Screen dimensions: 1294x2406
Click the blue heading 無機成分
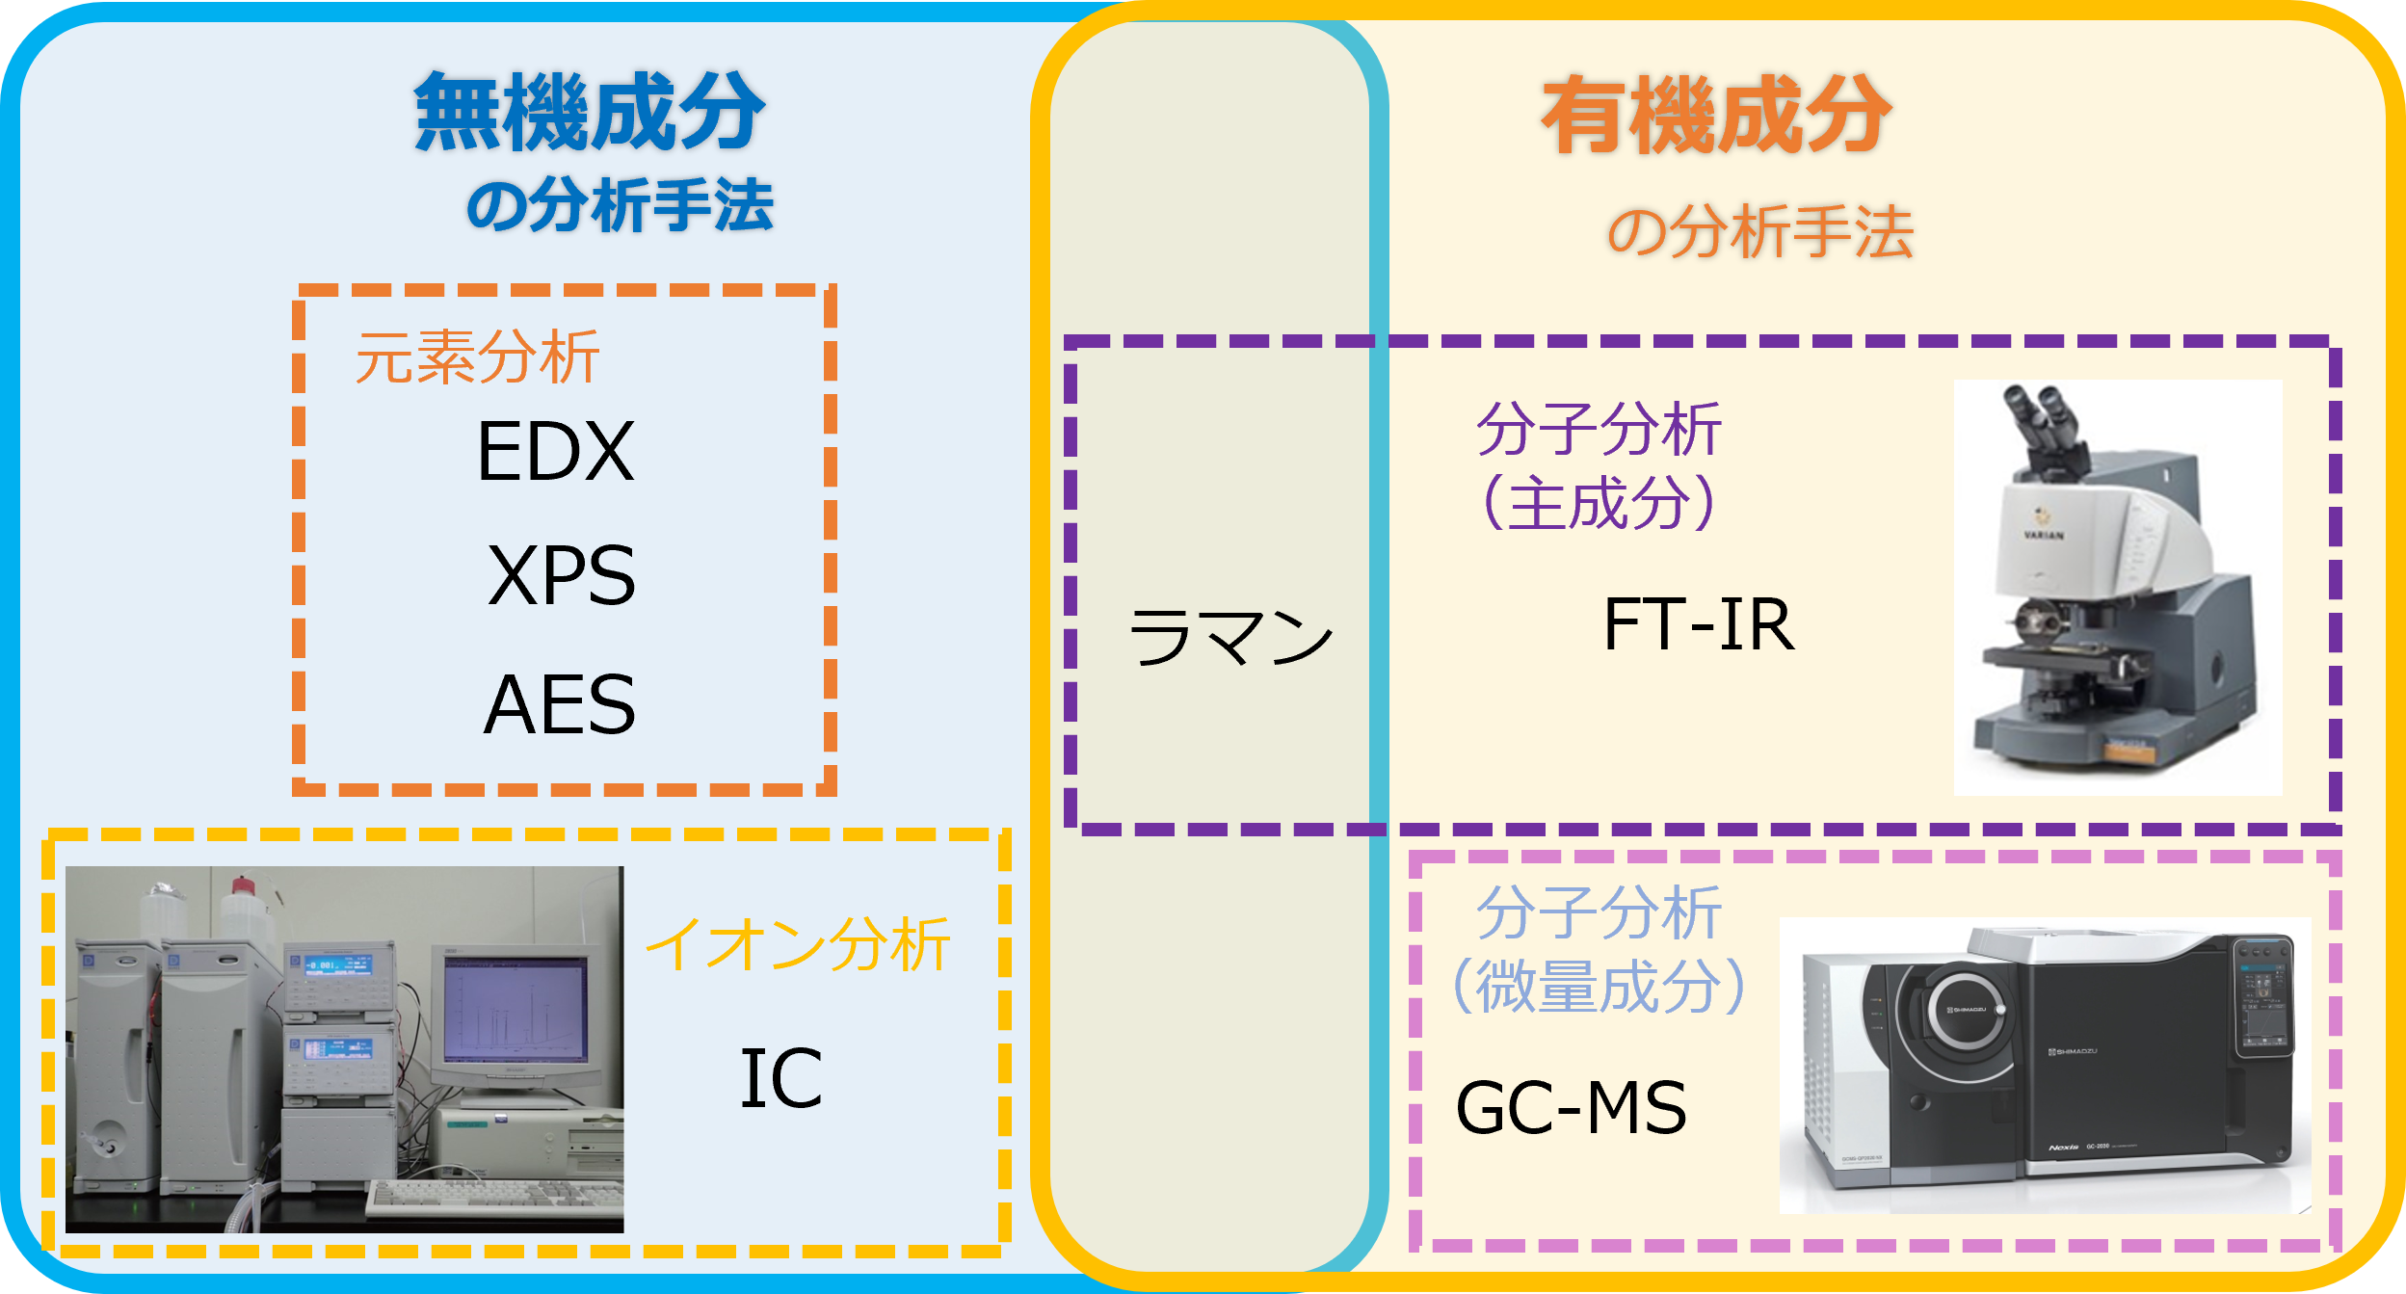590,113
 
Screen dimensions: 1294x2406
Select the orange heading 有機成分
1716,116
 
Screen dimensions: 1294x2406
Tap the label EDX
556,451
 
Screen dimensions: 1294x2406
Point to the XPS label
562,575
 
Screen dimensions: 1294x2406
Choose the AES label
560,704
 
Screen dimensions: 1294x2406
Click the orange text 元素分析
477,357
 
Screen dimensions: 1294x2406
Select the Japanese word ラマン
1230,637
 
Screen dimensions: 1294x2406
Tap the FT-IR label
1699,625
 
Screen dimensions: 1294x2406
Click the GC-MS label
1571,1108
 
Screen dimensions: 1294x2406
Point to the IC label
780,1078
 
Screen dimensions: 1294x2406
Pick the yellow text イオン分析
798,944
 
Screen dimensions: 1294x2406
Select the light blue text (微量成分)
1600,986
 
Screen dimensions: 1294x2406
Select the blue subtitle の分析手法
620,205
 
